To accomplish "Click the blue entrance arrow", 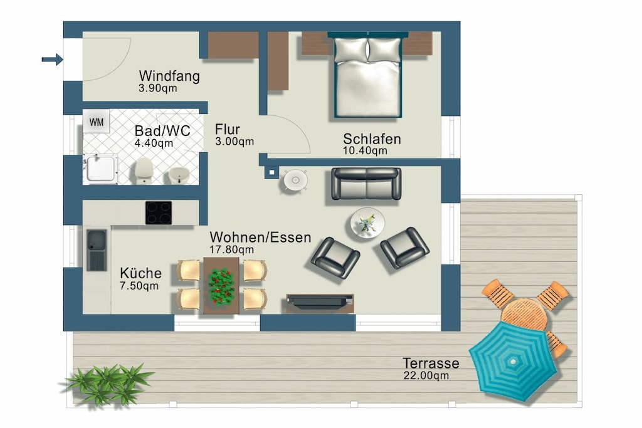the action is [53, 60].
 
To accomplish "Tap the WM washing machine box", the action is [96, 122].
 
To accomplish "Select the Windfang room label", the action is [169, 76].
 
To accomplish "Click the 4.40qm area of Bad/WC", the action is [154, 144].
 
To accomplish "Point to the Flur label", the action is [227, 129].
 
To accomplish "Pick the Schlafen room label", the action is [372, 139].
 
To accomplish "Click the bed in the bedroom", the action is [367, 75].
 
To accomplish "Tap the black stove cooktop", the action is [159, 213].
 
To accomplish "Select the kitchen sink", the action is [97, 250].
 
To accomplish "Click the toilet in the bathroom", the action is [144, 171].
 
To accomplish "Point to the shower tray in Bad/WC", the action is [100, 169].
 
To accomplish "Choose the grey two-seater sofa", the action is [366, 184].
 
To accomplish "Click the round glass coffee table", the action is [367, 223].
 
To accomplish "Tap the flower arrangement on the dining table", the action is [221, 286].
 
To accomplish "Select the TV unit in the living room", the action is [320, 303].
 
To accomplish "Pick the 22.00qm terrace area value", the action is [426, 375].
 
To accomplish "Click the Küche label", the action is [140, 273].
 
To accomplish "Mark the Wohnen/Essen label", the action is [260, 237].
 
